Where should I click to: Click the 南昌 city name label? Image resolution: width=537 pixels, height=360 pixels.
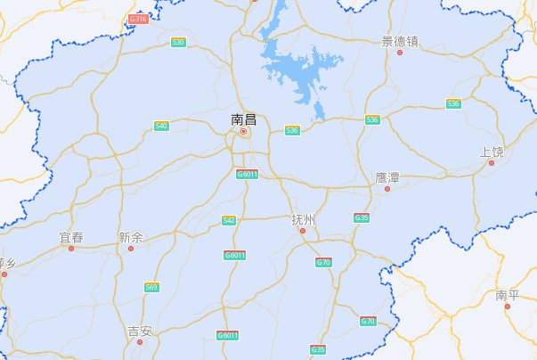(243, 119)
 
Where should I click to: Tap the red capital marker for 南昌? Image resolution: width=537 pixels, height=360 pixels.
(243, 132)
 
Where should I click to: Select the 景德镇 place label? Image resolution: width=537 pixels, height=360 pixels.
(400, 40)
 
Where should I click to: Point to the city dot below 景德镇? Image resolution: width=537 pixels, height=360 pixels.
(400, 53)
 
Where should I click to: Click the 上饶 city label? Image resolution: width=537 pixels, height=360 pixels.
(492, 151)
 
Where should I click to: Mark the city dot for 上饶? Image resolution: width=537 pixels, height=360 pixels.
(491, 163)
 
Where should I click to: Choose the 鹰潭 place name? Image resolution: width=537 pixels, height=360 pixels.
(387, 178)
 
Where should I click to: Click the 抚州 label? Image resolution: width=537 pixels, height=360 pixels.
(304, 218)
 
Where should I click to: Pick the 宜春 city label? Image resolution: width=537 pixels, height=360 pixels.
(71, 237)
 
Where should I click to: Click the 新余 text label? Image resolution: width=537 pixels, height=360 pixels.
(130, 237)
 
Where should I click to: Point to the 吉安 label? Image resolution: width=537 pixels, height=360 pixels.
(140, 331)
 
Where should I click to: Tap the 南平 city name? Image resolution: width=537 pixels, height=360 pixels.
(508, 294)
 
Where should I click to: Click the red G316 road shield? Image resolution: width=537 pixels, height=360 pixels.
(138, 18)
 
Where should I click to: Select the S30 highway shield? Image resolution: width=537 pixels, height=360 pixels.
(179, 42)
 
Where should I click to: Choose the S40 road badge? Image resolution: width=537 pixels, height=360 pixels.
(161, 126)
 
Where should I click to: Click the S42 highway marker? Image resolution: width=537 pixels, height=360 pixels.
(229, 219)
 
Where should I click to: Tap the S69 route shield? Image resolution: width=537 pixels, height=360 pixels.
(152, 287)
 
